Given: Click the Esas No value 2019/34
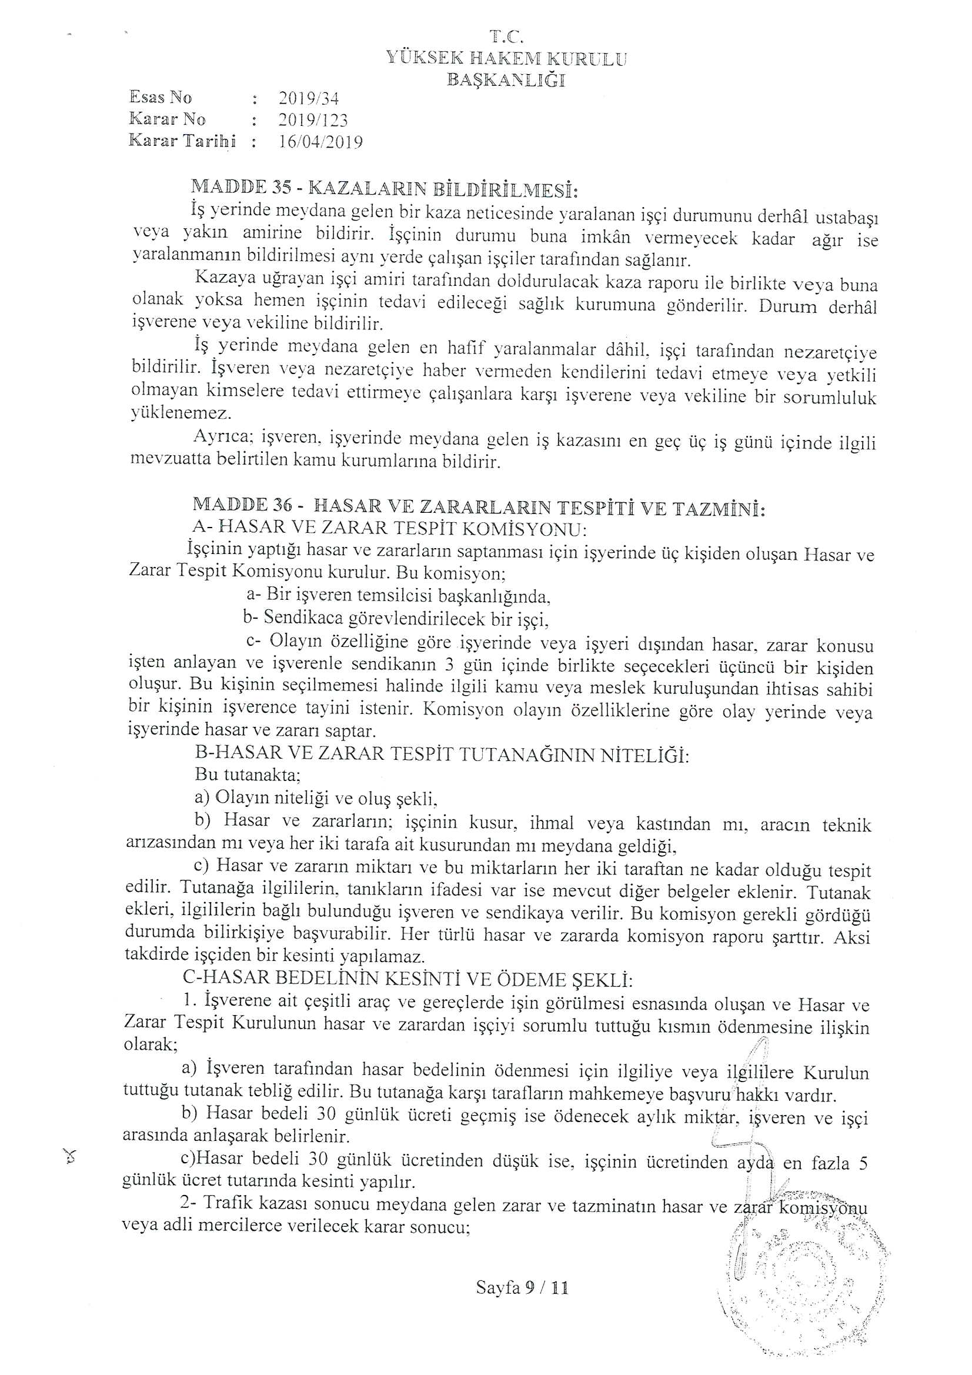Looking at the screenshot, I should click(309, 98).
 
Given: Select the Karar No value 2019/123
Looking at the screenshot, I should click(313, 120).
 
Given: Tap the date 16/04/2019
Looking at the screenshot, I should click(320, 142).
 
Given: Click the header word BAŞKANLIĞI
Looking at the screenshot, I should click(506, 79).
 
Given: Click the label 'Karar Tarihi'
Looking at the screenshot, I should click(182, 141).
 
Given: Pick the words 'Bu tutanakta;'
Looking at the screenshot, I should click(248, 775).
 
